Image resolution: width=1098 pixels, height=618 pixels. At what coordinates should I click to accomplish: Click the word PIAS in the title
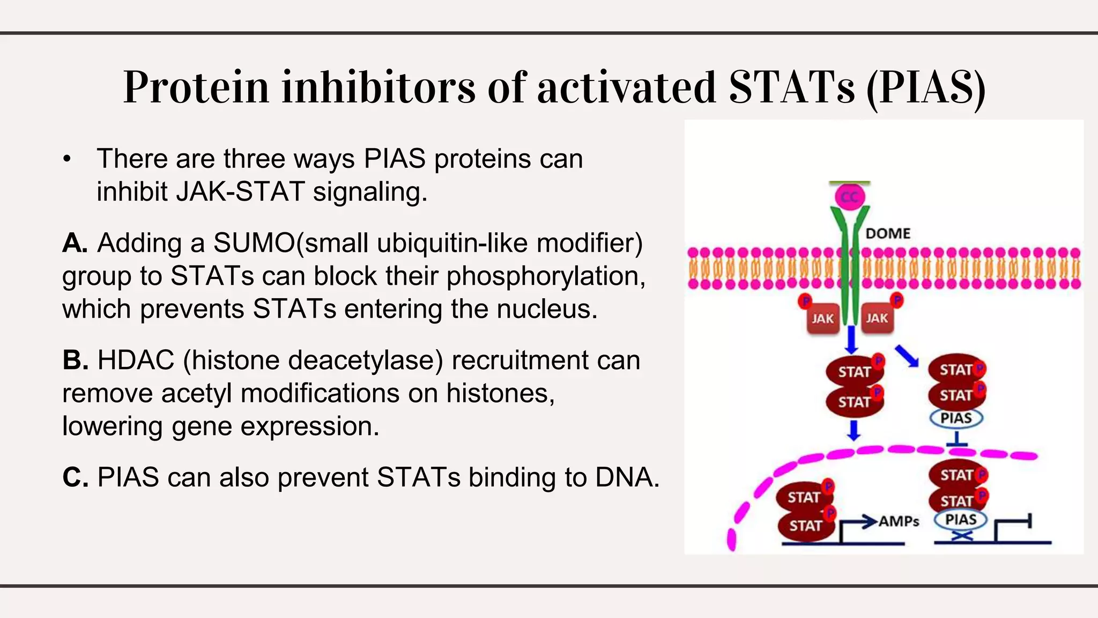click(926, 87)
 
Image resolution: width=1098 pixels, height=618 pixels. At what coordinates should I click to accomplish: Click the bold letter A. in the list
click(75, 243)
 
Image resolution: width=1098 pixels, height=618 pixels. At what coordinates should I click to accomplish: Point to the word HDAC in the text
click(136, 360)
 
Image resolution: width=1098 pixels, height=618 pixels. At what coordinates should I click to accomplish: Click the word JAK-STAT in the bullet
click(241, 192)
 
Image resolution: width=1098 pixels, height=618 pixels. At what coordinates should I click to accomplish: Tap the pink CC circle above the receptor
click(850, 197)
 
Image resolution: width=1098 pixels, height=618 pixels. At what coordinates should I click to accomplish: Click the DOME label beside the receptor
click(888, 234)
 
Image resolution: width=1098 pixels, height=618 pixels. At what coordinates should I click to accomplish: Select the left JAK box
click(822, 319)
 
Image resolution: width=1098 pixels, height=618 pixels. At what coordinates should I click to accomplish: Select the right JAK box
click(877, 318)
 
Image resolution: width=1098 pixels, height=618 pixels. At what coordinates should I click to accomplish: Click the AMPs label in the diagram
click(899, 521)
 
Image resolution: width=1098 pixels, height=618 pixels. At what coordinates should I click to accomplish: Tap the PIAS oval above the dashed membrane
click(956, 418)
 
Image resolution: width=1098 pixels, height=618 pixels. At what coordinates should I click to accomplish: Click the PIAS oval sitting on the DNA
click(960, 519)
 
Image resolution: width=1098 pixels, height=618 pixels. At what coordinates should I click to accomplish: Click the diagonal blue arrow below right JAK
click(907, 356)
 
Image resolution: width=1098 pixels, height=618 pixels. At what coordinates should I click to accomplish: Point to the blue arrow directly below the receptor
click(851, 340)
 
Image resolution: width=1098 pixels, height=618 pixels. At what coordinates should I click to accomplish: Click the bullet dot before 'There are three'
click(66, 159)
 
